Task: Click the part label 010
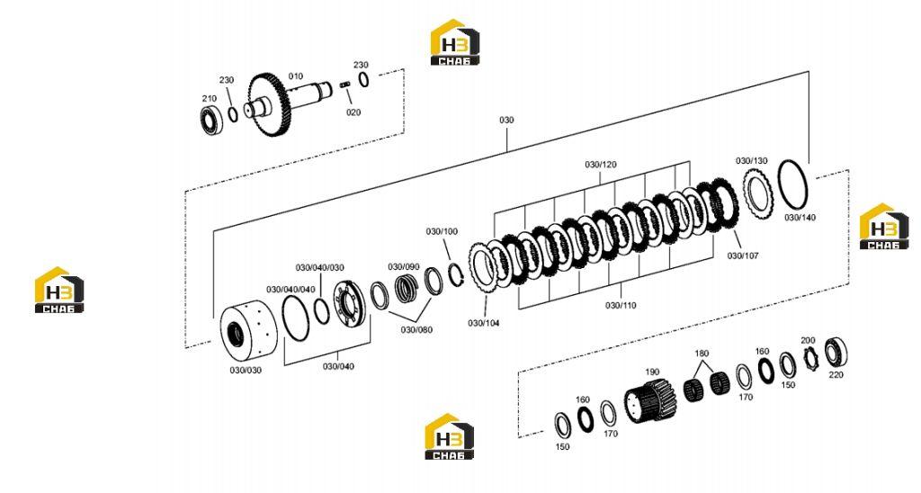click(x=295, y=76)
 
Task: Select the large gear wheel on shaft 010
click(x=268, y=103)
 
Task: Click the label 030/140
click(x=800, y=218)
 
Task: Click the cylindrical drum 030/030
click(x=243, y=333)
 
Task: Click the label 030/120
click(x=600, y=165)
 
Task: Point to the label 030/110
click(x=621, y=306)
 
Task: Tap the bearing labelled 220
click(x=835, y=353)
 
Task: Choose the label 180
click(x=702, y=354)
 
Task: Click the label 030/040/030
click(x=320, y=268)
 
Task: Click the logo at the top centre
click(x=455, y=42)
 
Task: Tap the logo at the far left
click(x=59, y=290)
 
